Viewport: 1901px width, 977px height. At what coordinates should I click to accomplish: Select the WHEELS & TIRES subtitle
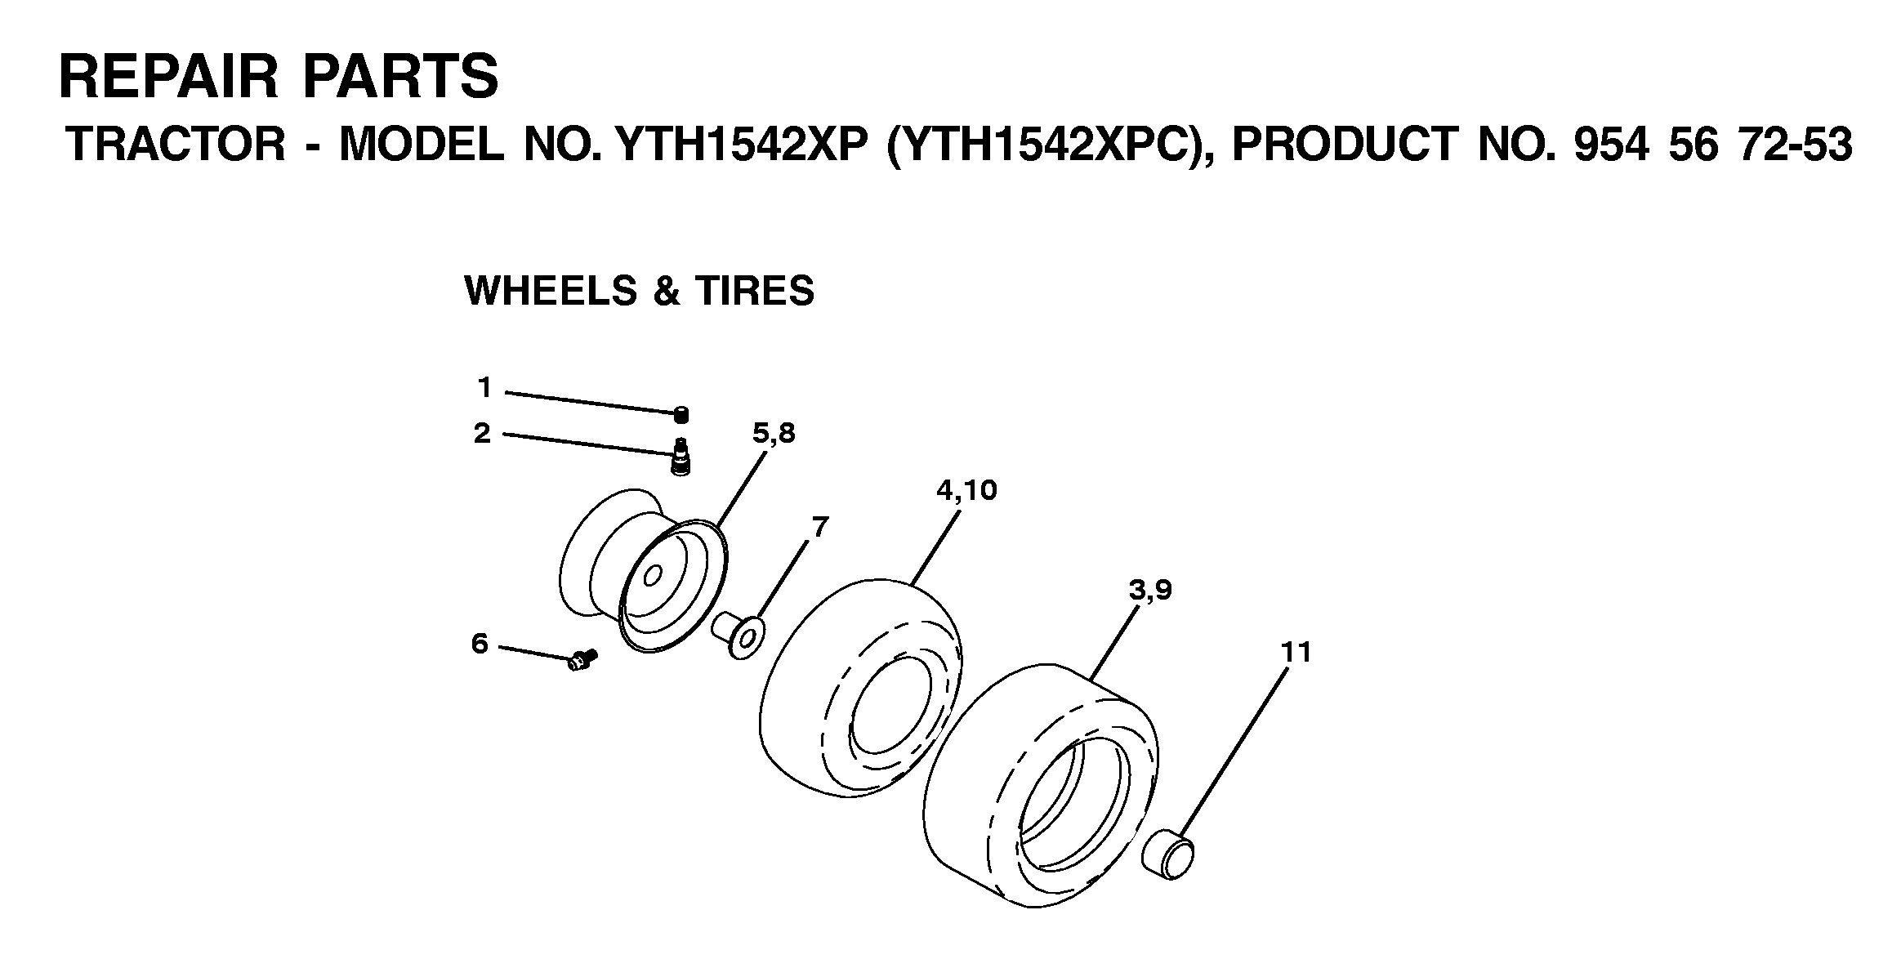pos(639,291)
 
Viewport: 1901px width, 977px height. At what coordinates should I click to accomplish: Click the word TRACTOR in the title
pos(176,145)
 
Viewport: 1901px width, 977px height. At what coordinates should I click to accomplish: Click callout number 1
pos(485,387)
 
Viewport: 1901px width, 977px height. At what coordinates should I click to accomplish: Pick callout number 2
pos(483,432)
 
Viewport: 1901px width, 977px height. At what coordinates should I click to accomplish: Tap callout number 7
pos(819,526)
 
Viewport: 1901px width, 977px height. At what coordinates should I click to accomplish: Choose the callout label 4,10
pos(966,490)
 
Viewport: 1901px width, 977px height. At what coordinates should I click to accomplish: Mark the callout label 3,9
pos(1150,590)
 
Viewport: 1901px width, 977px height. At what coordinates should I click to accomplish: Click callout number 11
pos(1296,652)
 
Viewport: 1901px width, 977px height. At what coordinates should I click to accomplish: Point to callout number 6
pos(480,645)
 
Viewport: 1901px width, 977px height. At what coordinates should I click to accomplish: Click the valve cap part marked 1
pos(681,415)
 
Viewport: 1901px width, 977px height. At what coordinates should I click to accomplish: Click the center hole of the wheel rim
pos(652,577)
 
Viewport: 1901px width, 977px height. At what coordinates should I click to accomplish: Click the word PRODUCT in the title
pos(1344,145)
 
